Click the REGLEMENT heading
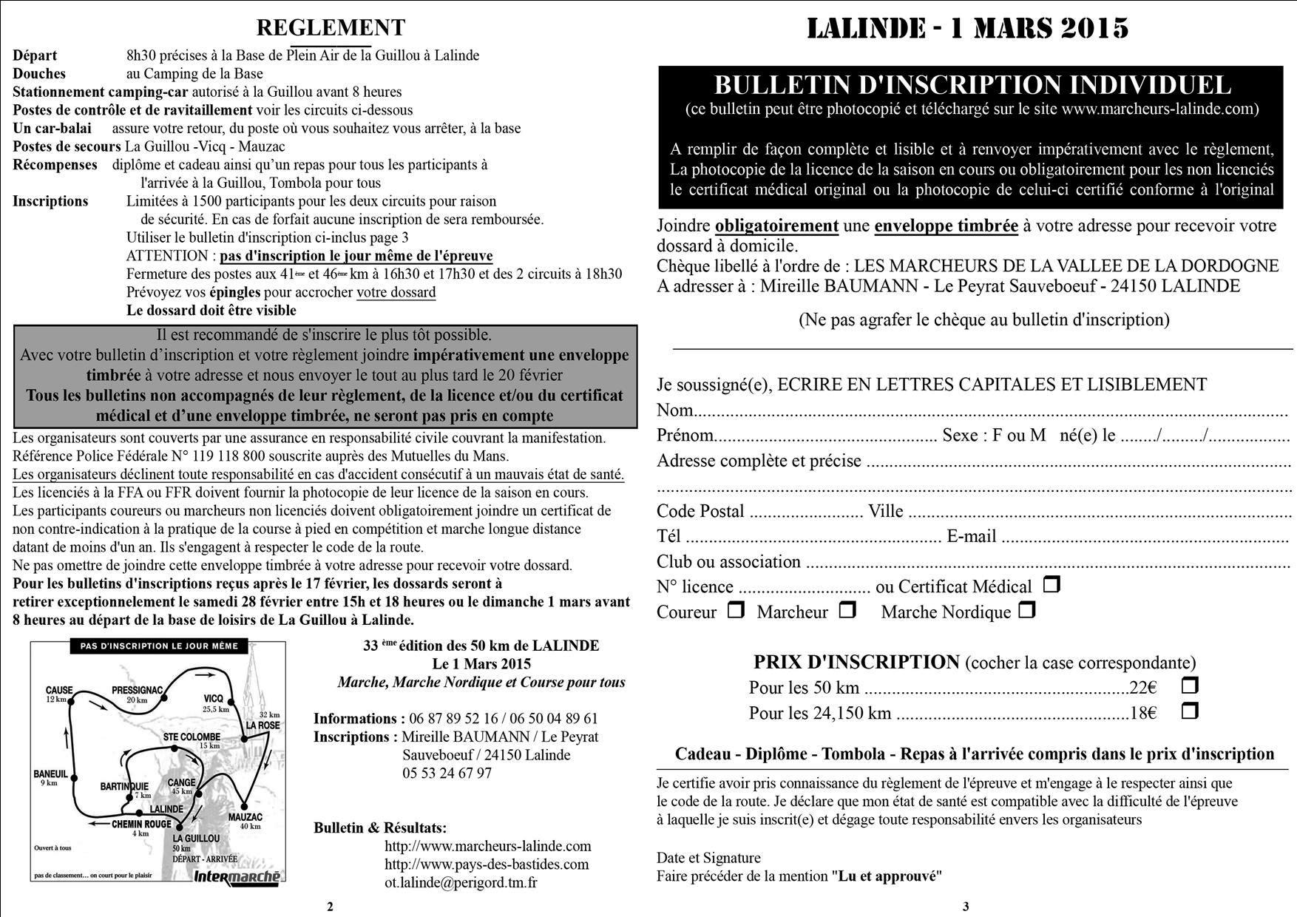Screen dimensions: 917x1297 point(331,27)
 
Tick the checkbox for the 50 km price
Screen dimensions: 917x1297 point(1189,686)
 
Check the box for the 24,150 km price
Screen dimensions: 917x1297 point(1189,711)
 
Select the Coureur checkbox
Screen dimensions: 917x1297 point(735,610)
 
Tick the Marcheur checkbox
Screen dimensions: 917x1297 point(847,610)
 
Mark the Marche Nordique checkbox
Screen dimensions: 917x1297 point(1026,610)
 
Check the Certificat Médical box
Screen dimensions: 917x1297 point(1051,585)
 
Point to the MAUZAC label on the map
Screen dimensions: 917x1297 point(245,817)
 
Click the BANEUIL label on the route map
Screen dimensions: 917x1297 point(50,774)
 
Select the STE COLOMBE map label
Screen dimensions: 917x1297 point(192,737)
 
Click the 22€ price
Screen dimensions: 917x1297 point(1142,688)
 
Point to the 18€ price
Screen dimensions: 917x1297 point(1142,714)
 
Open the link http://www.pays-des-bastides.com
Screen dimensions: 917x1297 point(487,864)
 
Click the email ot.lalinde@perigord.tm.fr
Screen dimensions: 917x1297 point(461,882)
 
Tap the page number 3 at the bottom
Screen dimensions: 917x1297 point(966,907)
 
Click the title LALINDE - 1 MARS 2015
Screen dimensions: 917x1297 point(967,28)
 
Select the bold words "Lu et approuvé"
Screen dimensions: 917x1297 point(887,876)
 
